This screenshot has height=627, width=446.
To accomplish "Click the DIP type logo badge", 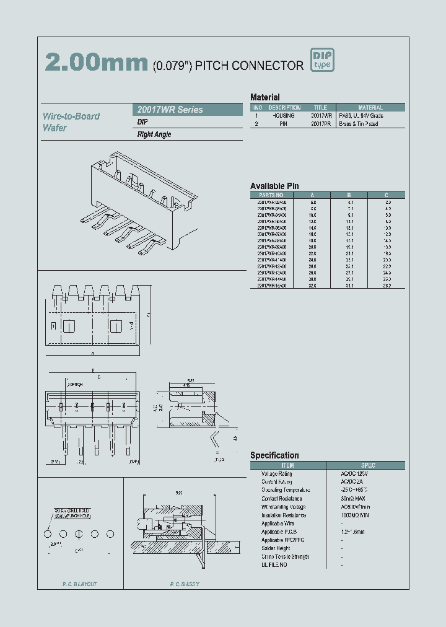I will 322,60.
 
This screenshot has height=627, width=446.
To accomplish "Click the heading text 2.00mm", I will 96,63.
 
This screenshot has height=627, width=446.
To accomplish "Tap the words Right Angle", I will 154,134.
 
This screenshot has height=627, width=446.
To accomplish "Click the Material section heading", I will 265,97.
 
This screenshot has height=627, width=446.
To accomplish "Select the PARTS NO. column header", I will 271,195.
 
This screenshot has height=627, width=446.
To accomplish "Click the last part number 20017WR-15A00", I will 272,286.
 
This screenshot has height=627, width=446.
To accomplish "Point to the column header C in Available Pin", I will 388,195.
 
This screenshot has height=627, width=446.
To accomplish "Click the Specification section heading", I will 274,455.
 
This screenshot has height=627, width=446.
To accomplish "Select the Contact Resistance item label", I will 281,499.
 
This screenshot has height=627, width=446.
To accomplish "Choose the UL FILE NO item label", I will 274,565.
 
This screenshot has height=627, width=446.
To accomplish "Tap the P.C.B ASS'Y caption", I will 185,584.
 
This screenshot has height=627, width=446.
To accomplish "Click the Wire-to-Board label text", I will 71,116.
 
